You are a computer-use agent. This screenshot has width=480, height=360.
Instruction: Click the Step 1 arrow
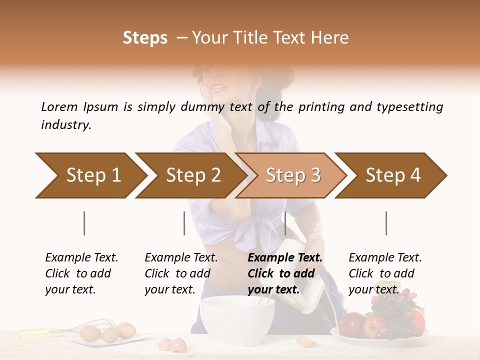pos(90,175)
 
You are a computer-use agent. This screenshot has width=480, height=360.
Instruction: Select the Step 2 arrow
pos(190,175)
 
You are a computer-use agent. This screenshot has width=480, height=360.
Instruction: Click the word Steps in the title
pos(145,37)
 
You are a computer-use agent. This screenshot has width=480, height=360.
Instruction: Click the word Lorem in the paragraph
pos(59,106)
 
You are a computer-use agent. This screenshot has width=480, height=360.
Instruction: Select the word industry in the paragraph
pos(65,125)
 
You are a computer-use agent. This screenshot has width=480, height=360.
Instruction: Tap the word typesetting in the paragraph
pos(409,106)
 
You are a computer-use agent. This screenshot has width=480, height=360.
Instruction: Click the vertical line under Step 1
pos(84,223)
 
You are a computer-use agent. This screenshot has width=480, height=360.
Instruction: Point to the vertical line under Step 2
pos(184,223)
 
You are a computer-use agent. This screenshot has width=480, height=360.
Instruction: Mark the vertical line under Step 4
pos(386,223)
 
